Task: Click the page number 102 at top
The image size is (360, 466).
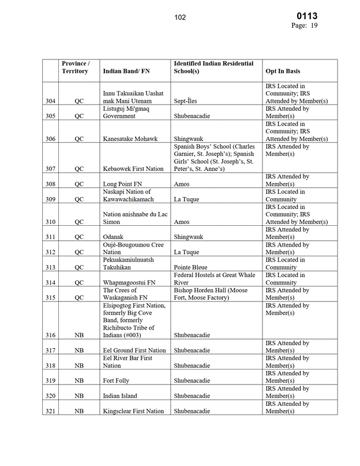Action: (180, 17)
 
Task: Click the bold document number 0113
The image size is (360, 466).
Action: (306, 16)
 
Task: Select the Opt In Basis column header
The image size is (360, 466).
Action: (283, 71)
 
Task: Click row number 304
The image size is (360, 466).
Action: (51, 101)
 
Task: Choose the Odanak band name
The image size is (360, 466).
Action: (115, 237)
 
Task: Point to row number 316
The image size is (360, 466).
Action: (51, 335)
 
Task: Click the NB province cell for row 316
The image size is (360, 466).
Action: (80, 335)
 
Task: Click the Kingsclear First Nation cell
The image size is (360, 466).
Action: (134, 411)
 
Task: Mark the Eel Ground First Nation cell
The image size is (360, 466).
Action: (134, 351)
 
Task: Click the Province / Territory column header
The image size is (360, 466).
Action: (76, 67)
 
